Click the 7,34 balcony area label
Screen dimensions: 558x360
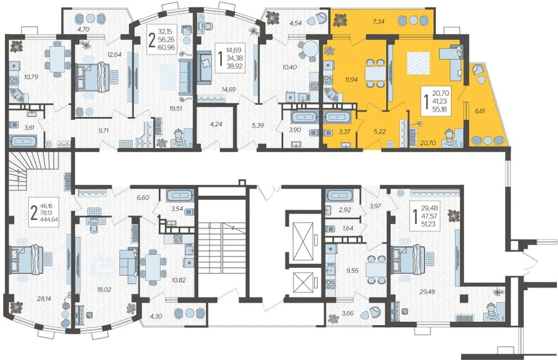(x=379, y=22)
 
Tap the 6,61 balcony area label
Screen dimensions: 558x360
(x=480, y=111)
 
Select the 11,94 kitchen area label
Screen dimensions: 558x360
(x=351, y=80)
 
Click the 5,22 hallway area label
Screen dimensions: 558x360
(x=380, y=131)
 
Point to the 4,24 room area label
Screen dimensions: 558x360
(x=216, y=125)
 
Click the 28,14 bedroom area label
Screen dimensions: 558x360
(x=44, y=298)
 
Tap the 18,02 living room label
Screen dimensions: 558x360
(x=104, y=290)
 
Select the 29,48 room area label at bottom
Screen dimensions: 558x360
(x=427, y=292)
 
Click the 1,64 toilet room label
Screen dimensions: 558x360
(x=348, y=228)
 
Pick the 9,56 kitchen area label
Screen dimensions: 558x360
(x=352, y=270)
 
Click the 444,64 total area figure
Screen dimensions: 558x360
(x=50, y=219)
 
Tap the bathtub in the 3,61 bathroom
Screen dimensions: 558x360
(x=23, y=141)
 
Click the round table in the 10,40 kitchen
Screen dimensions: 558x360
(x=310, y=49)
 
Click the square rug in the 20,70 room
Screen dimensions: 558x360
(x=418, y=63)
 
